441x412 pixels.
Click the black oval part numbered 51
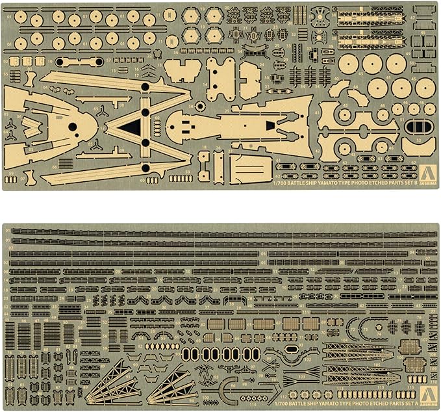click(x=414, y=126)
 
